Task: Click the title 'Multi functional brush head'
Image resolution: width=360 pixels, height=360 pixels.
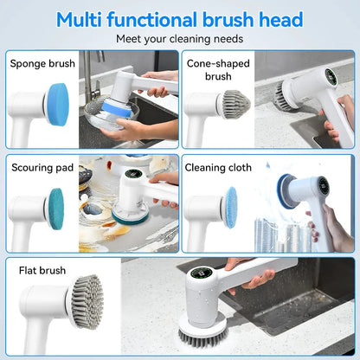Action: pyautogui.click(x=180, y=19)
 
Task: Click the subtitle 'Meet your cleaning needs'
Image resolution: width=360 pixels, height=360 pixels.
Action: pyautogui.click(x=180, y=38)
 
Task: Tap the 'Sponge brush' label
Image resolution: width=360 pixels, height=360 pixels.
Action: pyautogui.click(x=41, y=63)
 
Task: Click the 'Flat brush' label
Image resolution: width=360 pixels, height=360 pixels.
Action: pyautogui.click(x=42, y=271)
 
